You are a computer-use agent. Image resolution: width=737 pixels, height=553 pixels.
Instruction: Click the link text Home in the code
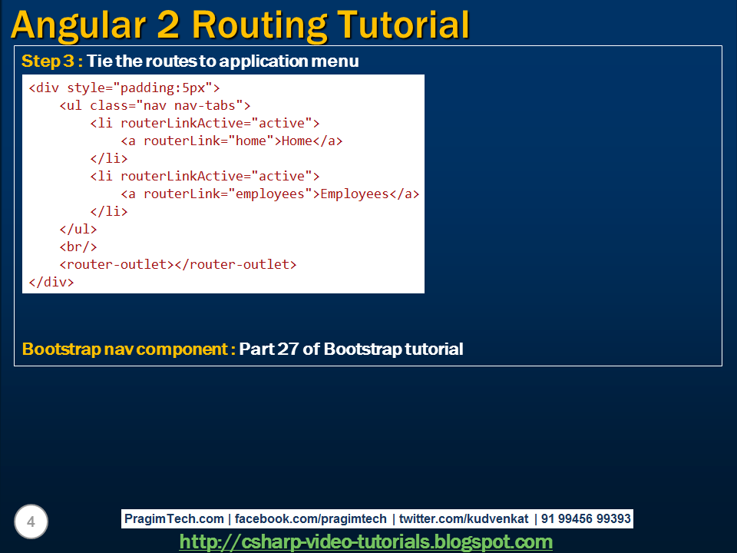(297, 141)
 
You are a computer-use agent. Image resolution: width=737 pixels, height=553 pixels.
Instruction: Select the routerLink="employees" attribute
(228, 194)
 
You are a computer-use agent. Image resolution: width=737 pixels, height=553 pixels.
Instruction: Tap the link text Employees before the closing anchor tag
(354, 194)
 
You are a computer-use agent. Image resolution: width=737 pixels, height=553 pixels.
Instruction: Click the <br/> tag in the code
(78, 247)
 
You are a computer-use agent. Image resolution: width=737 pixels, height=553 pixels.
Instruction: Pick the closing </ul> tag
(78, 229)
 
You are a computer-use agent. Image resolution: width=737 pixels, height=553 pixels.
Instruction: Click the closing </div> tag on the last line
(51, 282)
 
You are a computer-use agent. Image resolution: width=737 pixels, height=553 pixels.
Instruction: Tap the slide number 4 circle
(31, 523)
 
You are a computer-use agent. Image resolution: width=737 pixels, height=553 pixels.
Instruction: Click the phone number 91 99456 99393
(586, 519)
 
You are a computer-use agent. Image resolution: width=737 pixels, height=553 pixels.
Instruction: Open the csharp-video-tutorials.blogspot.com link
(365, 542)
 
